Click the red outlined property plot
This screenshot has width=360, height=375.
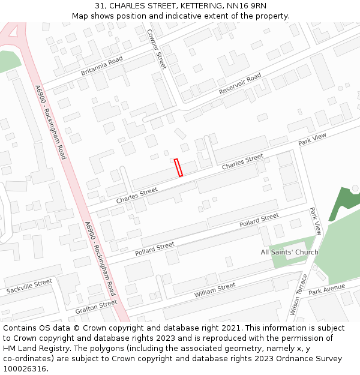pyautogui.click(x=178, y=167)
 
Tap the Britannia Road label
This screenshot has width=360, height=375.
pyautogui.click(x=101, y=66)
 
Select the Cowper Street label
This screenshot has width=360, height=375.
pyautogui.click(x=157, y=50)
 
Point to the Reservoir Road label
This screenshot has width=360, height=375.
pyautogui.click(x=240, y=84)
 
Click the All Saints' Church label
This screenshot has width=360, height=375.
pyautogui.click(x=289, y=252)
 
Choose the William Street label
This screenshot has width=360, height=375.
pyautogui.click(x=215, y=290)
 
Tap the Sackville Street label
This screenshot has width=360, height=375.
pyautogui.click(x=29, y=286)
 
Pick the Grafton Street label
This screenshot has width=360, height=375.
pyautogui.click(x=96, y=307)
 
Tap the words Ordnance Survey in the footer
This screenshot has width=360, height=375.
pyautogui.click(x=311, y=358)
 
